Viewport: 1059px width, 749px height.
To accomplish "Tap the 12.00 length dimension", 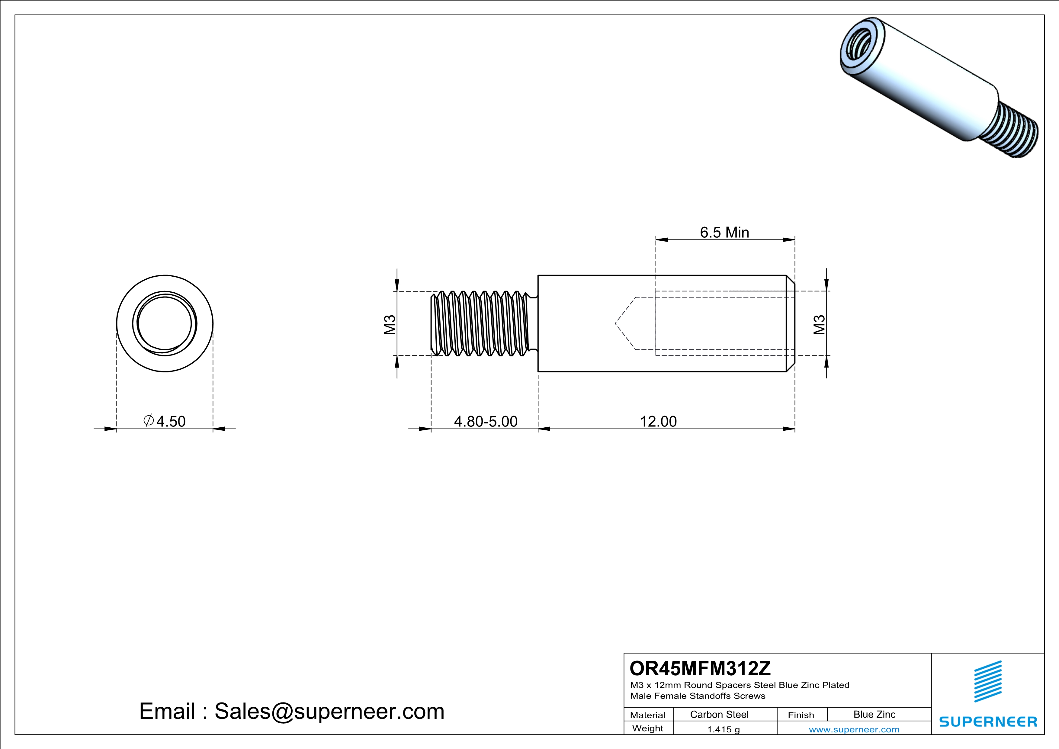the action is (658, 422).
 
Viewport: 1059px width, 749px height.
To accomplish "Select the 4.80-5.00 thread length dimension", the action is (486, 422).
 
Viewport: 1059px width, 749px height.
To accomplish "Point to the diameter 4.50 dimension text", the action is (165, 421).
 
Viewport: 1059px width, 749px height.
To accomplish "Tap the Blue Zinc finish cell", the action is (874, 714).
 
